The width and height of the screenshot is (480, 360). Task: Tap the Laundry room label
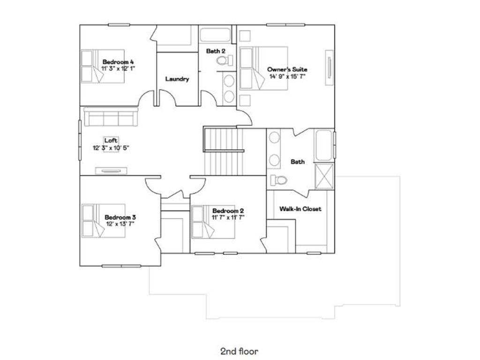177,79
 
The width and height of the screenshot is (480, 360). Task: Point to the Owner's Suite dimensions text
287,76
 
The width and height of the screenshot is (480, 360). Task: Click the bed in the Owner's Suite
262,67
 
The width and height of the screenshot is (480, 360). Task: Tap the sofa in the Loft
111,117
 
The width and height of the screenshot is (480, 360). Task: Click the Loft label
111,140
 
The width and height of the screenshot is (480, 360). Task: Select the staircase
223,151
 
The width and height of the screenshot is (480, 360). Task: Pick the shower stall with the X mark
324,176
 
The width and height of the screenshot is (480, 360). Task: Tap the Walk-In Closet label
300,209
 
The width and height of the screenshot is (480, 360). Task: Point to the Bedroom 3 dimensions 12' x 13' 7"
120,224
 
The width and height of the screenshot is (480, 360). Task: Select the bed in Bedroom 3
103,220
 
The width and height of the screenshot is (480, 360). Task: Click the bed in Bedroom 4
102,66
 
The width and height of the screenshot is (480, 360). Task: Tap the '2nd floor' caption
239,351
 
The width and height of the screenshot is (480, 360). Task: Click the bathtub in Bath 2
215,36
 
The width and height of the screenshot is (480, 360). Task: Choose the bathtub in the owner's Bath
324,145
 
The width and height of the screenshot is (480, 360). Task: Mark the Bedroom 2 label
228,211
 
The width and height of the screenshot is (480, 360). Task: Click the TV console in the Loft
112,171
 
